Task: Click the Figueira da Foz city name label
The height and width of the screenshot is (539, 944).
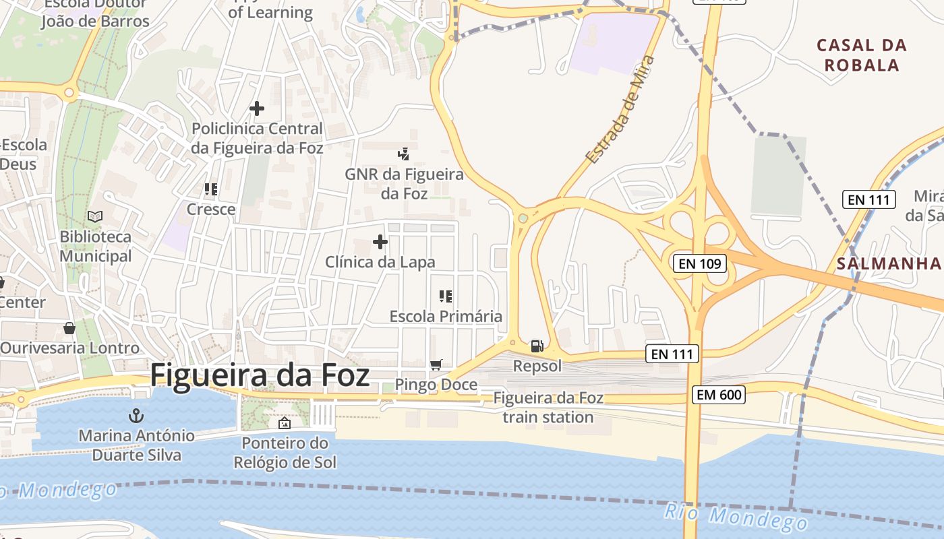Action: (260, 375)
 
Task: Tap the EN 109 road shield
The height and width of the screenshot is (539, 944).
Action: (700, 263)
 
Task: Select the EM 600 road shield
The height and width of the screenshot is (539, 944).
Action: (718, 395)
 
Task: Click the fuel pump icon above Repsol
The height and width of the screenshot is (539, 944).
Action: (537, 346)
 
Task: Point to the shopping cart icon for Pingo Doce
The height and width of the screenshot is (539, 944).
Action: (436, 364)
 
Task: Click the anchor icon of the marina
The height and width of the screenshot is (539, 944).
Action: (137, 415)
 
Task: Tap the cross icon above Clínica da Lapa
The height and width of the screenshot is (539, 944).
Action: (380, 242)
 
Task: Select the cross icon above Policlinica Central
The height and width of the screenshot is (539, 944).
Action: (257, 108)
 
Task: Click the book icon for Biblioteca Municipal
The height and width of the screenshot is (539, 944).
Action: (96, 217)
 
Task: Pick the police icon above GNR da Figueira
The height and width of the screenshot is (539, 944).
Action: (404, 154)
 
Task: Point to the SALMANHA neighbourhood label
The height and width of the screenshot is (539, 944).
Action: (888, 263)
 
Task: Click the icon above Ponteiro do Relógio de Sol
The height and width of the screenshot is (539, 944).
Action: (285, 423)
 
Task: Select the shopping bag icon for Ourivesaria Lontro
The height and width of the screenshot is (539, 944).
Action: (69, 328)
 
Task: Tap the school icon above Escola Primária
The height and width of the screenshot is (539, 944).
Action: (445, 296)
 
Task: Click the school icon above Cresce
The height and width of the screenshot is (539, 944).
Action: (211, 189)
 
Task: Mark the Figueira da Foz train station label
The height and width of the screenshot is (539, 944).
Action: (548, 407)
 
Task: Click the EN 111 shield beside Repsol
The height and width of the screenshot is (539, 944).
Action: (672, 353)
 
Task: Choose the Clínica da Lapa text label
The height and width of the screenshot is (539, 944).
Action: (380, 262)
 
